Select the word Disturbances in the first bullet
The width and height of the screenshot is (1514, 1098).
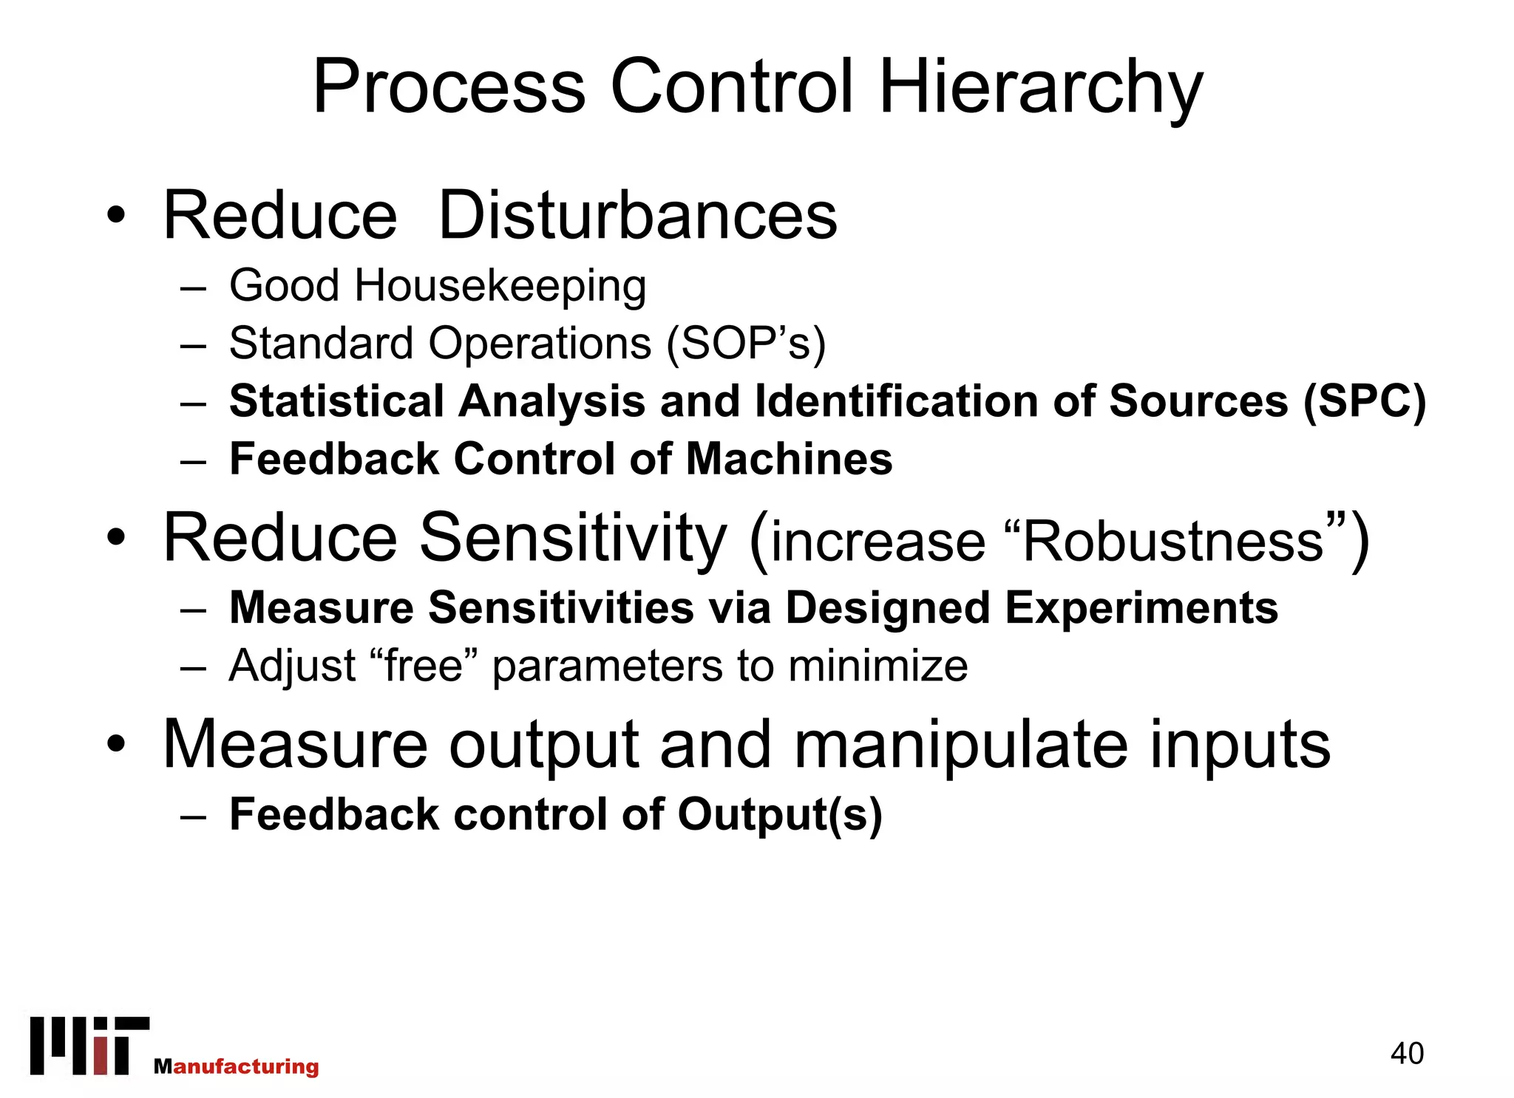click(x=638, y=216)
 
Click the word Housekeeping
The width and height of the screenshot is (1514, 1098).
click(x=500, y=287)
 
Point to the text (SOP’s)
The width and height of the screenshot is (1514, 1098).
click(x=746, y=344)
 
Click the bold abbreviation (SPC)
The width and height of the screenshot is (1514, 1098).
click(x=1364, y=402)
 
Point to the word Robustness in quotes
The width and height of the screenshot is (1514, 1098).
click(x=1173, y=542)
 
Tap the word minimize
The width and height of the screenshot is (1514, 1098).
click(x=877, y=666)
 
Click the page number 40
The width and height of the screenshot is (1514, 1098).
click(x=1406, y=1054)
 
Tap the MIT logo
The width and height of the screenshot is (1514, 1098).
click(x=89, y=1046)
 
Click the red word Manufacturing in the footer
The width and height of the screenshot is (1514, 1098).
click(x=237, y=1066)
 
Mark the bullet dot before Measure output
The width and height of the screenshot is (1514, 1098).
click(x=116, y=744)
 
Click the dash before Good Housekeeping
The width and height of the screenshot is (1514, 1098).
click(x=192, y=289)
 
